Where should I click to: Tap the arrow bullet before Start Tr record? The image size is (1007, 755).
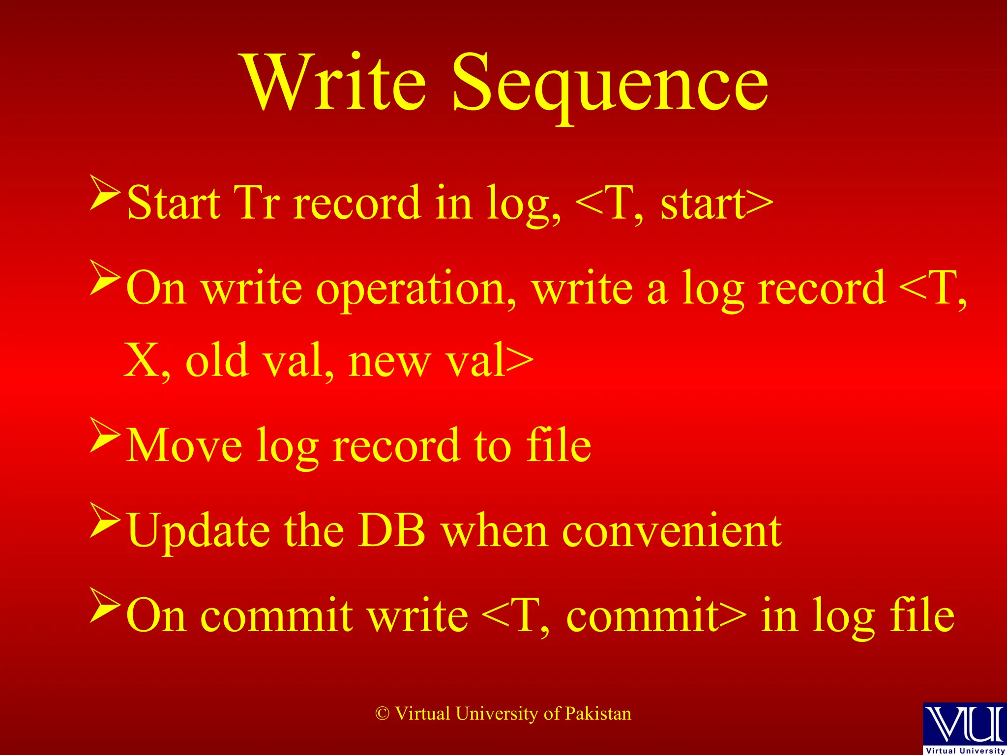[x=105, y=194]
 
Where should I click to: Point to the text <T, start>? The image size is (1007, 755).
[x=674, y=203]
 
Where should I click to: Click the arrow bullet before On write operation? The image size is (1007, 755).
[x=105, y=278]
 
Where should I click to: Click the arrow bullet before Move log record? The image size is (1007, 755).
[x=105, y=435]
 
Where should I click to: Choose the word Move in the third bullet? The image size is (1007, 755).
[x=184, y=445]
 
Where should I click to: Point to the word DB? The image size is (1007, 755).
[x=391, y=531]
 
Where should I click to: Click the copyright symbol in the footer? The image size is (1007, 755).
[x=383, y=714]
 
